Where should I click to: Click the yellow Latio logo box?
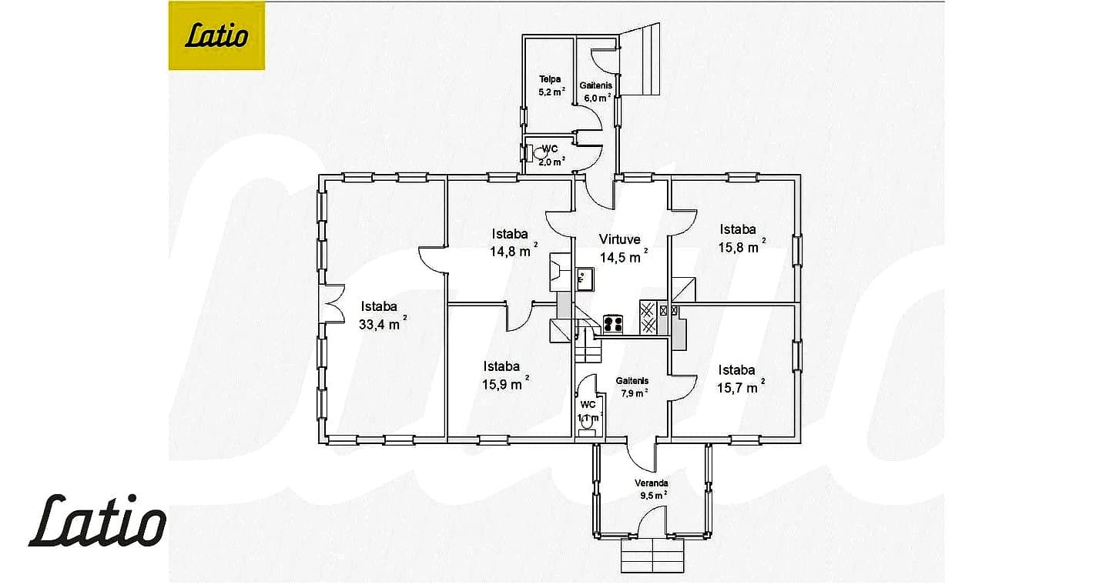216,35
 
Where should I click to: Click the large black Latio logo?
97,520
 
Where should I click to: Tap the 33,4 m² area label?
383,324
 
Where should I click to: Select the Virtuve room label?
619,239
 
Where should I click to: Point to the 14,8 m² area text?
514,251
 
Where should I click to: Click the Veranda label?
652,483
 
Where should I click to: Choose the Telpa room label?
550,79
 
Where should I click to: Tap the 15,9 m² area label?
505,383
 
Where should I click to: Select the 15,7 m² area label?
741,387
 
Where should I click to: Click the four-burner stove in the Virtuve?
613,324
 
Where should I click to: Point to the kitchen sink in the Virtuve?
585,279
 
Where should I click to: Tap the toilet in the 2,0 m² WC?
538,153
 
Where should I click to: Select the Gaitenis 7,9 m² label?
633,387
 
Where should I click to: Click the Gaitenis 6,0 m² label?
597,92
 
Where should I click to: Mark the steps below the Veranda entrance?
652,556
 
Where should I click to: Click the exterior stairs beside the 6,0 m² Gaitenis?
640,59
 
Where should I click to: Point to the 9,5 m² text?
654,495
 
